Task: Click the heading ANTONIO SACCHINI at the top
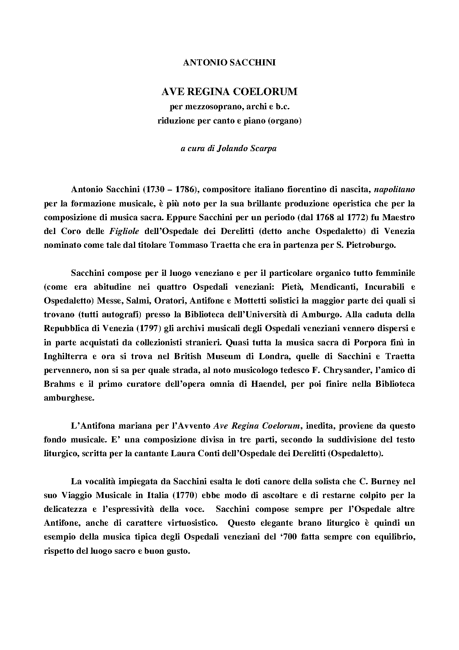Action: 229,63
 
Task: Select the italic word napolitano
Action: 394,189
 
